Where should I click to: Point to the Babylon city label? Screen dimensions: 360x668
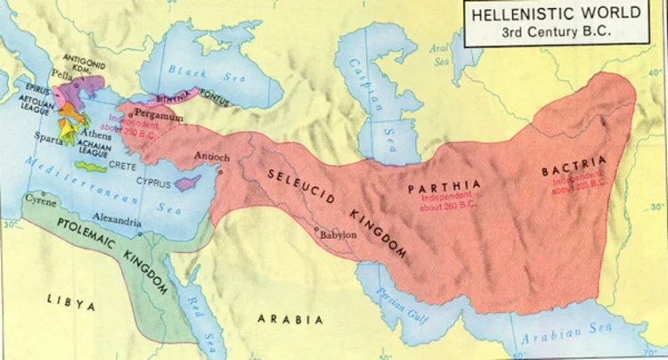tap(338, 234)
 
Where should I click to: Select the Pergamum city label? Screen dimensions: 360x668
tap(159, 117)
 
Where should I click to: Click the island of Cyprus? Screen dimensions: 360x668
tap(186, 183)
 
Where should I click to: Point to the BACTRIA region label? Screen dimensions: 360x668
tap(574, 165)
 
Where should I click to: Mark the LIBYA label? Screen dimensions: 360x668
tap(71, 304)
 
